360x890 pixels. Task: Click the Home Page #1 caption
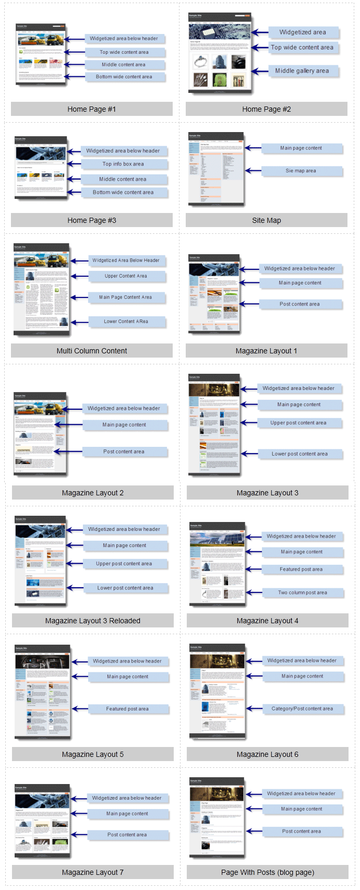point(92,109)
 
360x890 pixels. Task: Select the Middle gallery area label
point(302,71)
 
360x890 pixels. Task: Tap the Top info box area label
point(123,164)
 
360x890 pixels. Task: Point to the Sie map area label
point(301,171)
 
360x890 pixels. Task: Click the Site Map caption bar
point(266,220)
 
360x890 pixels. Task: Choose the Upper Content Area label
point(126,276)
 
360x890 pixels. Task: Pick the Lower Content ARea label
point(126,322)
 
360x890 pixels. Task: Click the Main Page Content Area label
point(126,298)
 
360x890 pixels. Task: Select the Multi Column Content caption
point(92,351)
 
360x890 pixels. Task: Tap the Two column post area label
point(303,593)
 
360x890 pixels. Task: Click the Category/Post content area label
point(302,709)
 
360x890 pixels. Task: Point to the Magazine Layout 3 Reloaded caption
point(93,621)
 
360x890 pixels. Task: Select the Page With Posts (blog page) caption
point(268,872)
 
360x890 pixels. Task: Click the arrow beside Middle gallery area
point(259,71)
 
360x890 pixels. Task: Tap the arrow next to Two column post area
point(254,592)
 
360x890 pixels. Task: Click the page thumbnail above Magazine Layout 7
point(42,820)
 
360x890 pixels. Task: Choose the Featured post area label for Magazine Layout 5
point(127,709)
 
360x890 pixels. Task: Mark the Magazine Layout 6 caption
point(268,754)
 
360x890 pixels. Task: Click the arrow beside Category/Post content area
point(254,709)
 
